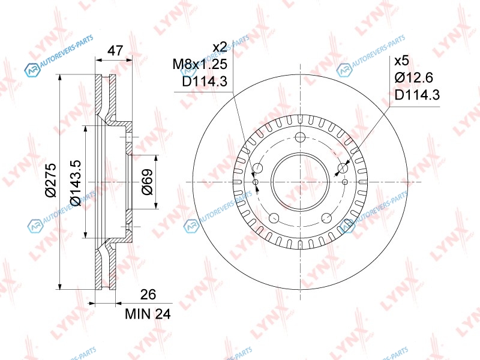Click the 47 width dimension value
click(x=115, y=50)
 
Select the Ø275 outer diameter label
click(x=51, y=181)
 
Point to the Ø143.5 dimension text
click(x=76, y=182)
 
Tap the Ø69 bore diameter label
click(x=147, y=182)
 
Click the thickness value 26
click(x=148, y=294)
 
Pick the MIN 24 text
click(x=148, y=314)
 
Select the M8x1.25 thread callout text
click(x=200, y=64)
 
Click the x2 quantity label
click(x=220, y=47)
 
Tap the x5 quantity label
click(x=401, y=61)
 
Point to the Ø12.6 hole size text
click(x=413, y=77)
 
